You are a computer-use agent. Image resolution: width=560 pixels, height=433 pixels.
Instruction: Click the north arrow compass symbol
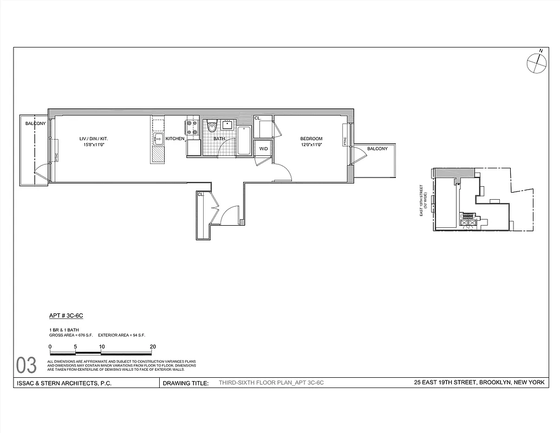[536, 63]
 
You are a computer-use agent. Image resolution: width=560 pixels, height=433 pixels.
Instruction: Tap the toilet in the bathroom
[212, 127]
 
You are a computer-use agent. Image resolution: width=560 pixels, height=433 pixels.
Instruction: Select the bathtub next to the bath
[244, 140]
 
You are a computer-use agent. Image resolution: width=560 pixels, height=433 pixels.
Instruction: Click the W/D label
[263, 148]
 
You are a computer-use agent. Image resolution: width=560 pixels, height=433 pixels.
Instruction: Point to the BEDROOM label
[311, 139]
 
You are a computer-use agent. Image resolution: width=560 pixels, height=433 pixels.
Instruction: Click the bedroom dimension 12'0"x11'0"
[311, 145]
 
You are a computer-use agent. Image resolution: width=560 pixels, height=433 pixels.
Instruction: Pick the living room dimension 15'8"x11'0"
[93, 145]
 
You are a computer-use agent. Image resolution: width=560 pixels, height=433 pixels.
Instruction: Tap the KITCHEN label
[175, 139]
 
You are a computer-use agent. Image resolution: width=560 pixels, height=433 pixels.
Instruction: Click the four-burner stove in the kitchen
[192, 127]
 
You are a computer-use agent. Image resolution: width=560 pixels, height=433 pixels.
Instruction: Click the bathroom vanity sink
[227, 124]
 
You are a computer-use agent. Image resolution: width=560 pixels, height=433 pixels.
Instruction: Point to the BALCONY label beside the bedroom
[377, 149]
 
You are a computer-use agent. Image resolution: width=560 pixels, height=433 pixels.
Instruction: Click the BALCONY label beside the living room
[35, 124]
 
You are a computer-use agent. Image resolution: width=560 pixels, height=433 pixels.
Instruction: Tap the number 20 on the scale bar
[153, 346]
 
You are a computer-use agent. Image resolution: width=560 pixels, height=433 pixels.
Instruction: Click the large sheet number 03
[27, 365]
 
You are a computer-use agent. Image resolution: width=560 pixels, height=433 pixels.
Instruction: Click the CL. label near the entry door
[200, 194]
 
